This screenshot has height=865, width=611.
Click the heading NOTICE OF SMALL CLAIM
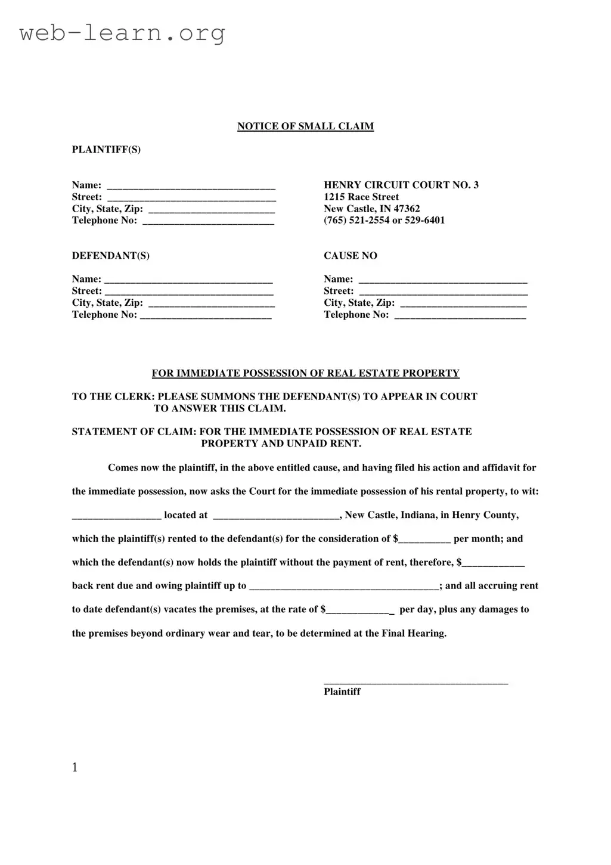tap(305, 126)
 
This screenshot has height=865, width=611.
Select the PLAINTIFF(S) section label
tap(106, 150)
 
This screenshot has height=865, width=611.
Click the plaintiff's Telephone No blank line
tap(208, 222)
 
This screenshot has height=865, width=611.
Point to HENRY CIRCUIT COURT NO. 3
tap(401, 185)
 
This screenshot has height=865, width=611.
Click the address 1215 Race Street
tap(361, 197)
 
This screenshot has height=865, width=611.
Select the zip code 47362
tap(407, 209)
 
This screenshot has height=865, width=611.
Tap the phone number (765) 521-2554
tap(356, 221)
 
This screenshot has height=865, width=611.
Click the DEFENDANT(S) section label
tap(110, 256)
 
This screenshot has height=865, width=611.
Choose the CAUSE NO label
tap(350, 256)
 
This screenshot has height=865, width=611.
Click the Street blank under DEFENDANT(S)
tap(189, 292)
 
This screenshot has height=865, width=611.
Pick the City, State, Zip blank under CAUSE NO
tap(463, 304)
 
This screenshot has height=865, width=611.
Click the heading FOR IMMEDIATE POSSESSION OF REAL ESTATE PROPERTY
tap(305, 374)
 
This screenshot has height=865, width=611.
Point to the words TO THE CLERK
tap(113, 397)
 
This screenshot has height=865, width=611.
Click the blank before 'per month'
tap(424, 540)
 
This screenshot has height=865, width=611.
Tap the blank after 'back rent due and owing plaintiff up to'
tap(344, 587)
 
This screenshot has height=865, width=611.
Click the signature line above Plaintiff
tap(415, 681)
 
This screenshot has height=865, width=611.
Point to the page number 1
tap(75, 768)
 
